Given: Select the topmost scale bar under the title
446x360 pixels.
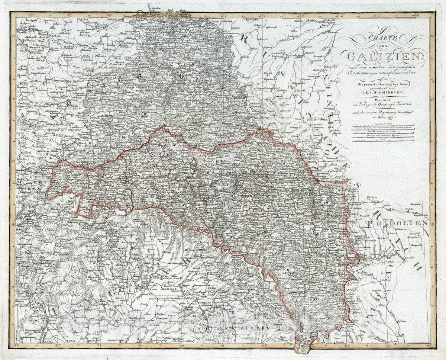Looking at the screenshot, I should click(383, 126).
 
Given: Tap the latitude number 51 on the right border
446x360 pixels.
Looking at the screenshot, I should click(432, 99).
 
